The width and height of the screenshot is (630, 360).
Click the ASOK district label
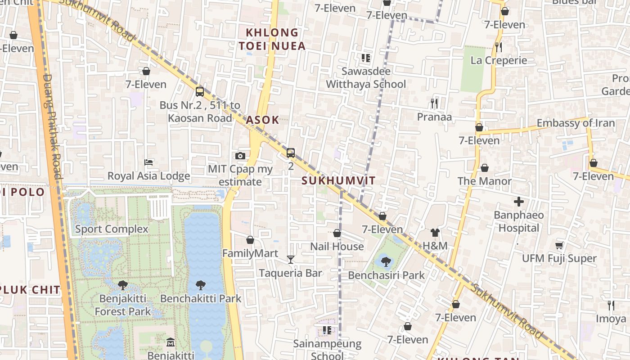(x=262, y=120)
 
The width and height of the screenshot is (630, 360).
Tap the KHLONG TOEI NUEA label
(x=272, y=39)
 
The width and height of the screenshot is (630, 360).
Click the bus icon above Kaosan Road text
(x=200, y=92)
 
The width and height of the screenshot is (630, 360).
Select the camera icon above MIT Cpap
(x=240, y=156)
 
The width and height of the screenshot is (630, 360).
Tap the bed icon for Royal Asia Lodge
(x=148, y=162)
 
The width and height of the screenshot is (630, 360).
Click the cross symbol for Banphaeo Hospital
(x=519, y=202)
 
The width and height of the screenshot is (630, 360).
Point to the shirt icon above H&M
(x=435, y=233)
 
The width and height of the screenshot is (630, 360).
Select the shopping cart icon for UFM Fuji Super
(x=559, y=245)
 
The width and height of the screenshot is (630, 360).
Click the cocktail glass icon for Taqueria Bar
(x=291, y=260)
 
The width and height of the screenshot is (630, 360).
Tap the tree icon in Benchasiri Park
(x=386, y=261)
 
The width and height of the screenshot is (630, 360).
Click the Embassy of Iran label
(x=576, y=123)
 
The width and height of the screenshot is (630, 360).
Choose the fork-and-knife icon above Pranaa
(x=434, y=103)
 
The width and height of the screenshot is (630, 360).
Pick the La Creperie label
(x=499, y=60)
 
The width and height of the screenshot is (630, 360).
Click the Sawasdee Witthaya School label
(x=366, y=77)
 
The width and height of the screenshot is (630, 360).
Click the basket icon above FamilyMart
(x=250, y=240)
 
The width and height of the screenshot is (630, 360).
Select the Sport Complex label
(x=112, y=229)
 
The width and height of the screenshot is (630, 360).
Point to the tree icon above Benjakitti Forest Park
(x=122, y=285)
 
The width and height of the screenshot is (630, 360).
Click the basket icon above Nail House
(x=337, y=233)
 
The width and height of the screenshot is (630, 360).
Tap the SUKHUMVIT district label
(x=338, y=181)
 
